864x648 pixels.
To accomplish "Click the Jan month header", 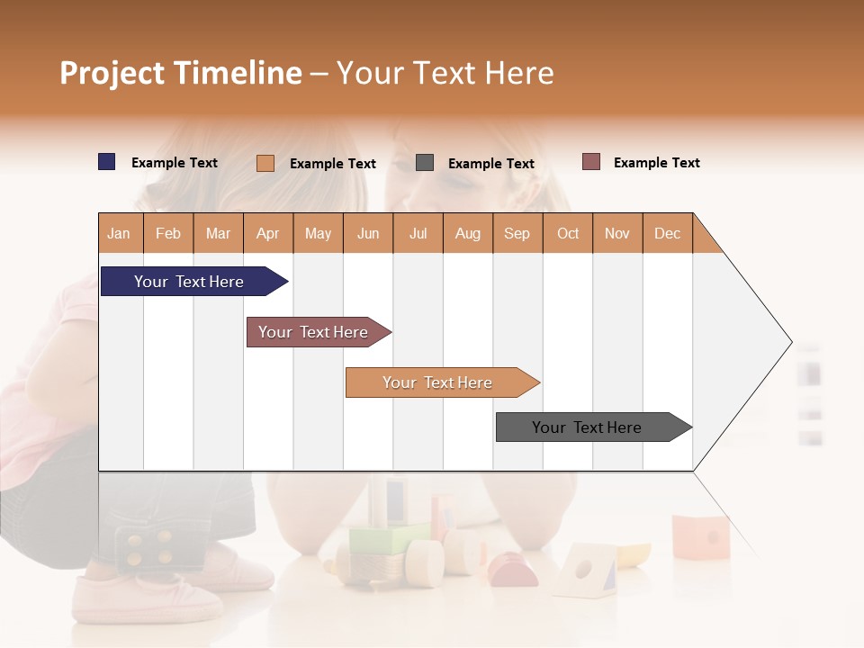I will pos(120,233).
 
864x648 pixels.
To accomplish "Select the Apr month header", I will pos(268,233).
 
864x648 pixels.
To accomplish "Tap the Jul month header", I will pos(418,233).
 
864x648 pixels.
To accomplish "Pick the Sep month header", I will pos(517,233).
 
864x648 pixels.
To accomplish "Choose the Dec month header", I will pos(667,233).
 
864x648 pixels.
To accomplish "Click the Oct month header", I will pos(567,233).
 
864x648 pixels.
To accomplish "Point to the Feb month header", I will pos(168,233).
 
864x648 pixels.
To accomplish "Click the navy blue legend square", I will pos(107,162).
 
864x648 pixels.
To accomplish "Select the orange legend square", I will pos(265,163).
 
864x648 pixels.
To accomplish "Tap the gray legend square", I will pos(425,163).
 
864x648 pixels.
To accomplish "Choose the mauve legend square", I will pos(591,162).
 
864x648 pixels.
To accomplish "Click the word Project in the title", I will pos(111,73).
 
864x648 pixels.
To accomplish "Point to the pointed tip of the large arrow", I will pos(790,342).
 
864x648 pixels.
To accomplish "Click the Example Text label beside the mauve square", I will pos(656,163).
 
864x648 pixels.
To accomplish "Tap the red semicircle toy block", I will pos(513,571).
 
